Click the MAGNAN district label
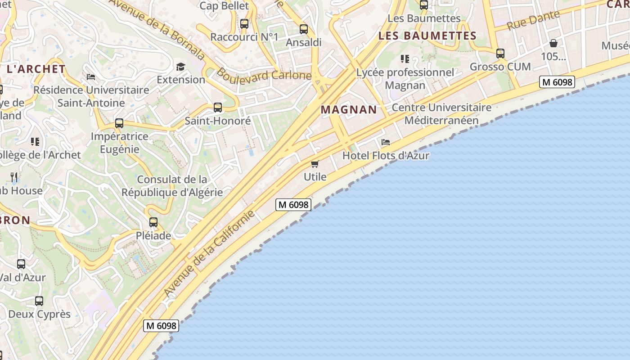(349, 109)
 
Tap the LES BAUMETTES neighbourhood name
(427, 36)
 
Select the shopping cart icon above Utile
(315, 164)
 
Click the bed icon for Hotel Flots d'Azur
(386, 142)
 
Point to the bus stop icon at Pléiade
(153, 222)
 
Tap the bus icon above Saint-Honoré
(218, 108)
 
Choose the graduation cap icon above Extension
(180, 67)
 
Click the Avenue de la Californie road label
(209, 253)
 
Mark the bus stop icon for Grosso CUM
(500, 54)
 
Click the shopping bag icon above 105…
(553, 43)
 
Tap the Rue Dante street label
(533, 20)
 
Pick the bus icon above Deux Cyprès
(39, 301)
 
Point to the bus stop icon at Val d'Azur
(21, 264)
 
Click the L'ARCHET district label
(36, 69)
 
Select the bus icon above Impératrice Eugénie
(119, 123)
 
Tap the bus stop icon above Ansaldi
(304, 29)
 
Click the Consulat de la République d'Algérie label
(172, 186)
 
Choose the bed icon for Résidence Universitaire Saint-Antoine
(90, 76)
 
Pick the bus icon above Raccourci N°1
(244, 24)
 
